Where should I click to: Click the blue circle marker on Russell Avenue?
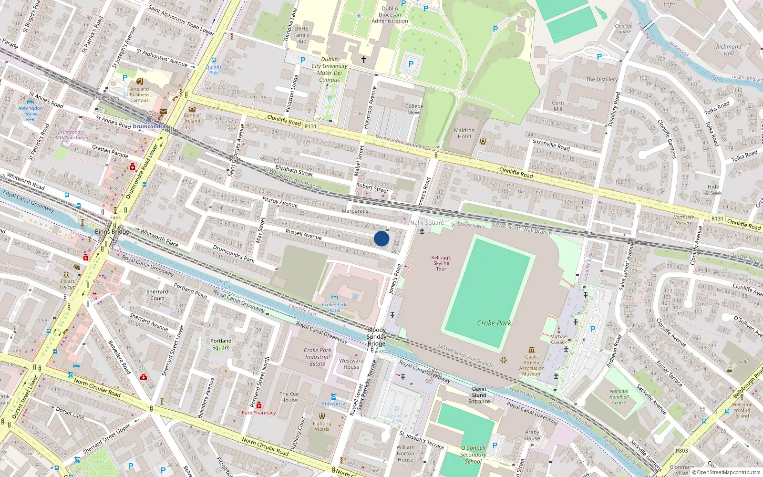coord(381,238)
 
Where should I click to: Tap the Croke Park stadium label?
coord(494,323)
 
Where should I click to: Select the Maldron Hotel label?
coord(464,133)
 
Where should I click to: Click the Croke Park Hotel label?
coord(334,307)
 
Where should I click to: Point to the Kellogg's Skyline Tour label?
coord(441,263)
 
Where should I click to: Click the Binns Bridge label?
coord(112,232)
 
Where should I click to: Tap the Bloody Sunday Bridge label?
coord(376,336)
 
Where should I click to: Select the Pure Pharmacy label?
coord(258,413)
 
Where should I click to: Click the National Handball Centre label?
coord(619,397)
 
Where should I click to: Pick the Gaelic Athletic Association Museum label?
coord(532,365)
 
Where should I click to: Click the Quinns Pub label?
coord(214,70)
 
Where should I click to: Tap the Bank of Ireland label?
coord(192,118)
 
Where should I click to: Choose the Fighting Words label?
coord(322,426)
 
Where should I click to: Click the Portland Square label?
coord(221,344)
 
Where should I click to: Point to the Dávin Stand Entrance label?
coord(479,395)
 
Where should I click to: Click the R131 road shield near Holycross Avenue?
coord(310,126)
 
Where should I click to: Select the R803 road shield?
coord(681,450)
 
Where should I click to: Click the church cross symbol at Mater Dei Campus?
coord(364,60)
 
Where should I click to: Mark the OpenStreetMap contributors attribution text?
coord(726,472)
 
